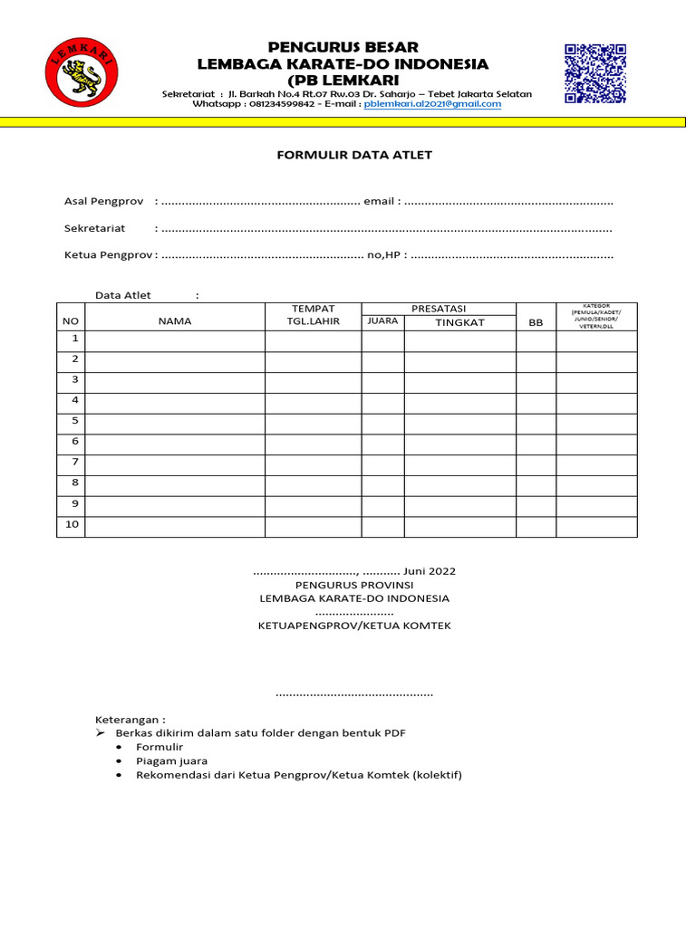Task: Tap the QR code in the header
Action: point(595,73)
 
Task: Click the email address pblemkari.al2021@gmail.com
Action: point(432,104)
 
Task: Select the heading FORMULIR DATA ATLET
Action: point(354,155)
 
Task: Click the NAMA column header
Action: point(175,321)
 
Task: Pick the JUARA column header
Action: point(382,320)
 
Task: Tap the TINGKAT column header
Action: point(459,322)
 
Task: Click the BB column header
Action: point(536,322)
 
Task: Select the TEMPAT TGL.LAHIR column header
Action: point(313,315)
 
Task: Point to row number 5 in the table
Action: point(71,421)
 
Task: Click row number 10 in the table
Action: point(71,525)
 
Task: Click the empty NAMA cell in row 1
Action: point(175,340)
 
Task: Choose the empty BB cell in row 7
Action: point(536,463)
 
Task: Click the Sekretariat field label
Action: point(94,228)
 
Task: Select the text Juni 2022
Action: point(430,571)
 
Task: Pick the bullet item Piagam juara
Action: point(172,761)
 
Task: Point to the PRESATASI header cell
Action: point(439,309)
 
